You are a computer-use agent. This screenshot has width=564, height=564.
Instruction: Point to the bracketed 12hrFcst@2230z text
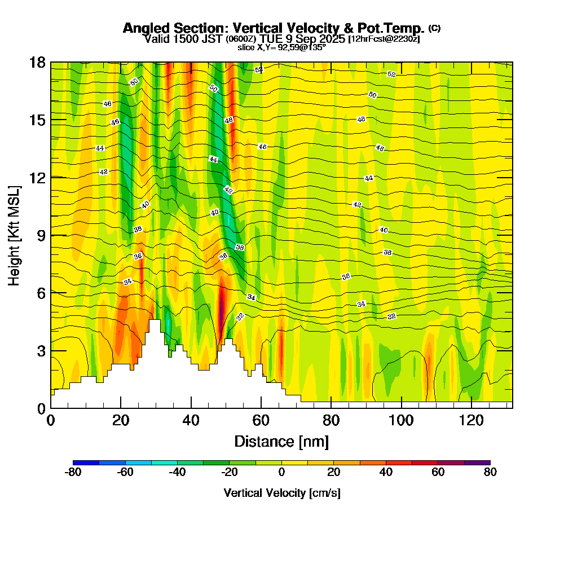click(x=384, y=39)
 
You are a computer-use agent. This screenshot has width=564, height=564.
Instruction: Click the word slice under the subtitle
click(x=246, y=47)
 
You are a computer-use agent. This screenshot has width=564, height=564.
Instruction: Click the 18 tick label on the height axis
click(x=37, y=62)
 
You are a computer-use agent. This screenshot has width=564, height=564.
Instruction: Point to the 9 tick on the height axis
click(x=41, y=235)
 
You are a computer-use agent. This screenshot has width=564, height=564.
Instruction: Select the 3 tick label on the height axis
click(x=41, y=351)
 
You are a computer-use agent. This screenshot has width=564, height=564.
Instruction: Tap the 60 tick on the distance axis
click(x=261, y=420)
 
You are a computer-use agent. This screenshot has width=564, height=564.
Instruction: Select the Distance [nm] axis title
click(x=281, y=441)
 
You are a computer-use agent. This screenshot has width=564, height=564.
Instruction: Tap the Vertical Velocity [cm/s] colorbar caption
click(x=281, y=493)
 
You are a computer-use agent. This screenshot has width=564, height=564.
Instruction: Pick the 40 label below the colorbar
click(x=386, y=473)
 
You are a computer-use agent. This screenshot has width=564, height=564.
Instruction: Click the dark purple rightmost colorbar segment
click(x=477, y=462)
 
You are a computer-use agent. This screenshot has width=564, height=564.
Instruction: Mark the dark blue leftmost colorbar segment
click(x=86, y=462)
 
